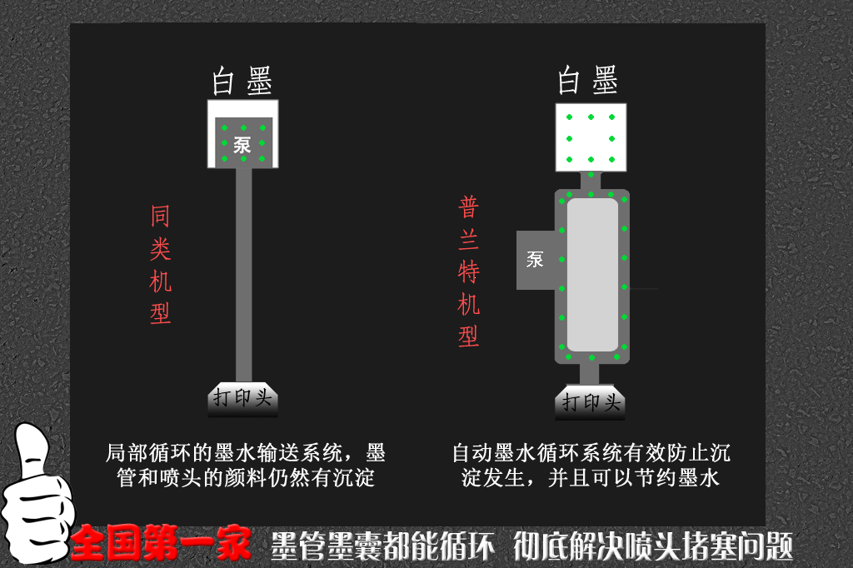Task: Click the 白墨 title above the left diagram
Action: coord(242,82)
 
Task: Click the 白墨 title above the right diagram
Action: coord(588,81)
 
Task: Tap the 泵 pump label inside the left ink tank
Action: coord(242,143)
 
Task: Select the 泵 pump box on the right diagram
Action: coord(536,260)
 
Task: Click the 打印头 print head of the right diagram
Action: coord(591,402)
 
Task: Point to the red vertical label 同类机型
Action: coord(160,264)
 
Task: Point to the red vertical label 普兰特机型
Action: coord(469,272)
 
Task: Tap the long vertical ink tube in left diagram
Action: coord(243,275)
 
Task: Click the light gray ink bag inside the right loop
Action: coord(592,274)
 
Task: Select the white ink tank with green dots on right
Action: coord(591,137)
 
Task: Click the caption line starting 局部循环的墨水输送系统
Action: coord(246,453)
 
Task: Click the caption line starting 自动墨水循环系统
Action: coord(591,453)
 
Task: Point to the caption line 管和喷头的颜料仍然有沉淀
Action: coord(246,478)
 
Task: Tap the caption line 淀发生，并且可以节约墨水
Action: coord(591,478)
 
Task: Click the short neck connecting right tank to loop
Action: coord(591,180)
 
